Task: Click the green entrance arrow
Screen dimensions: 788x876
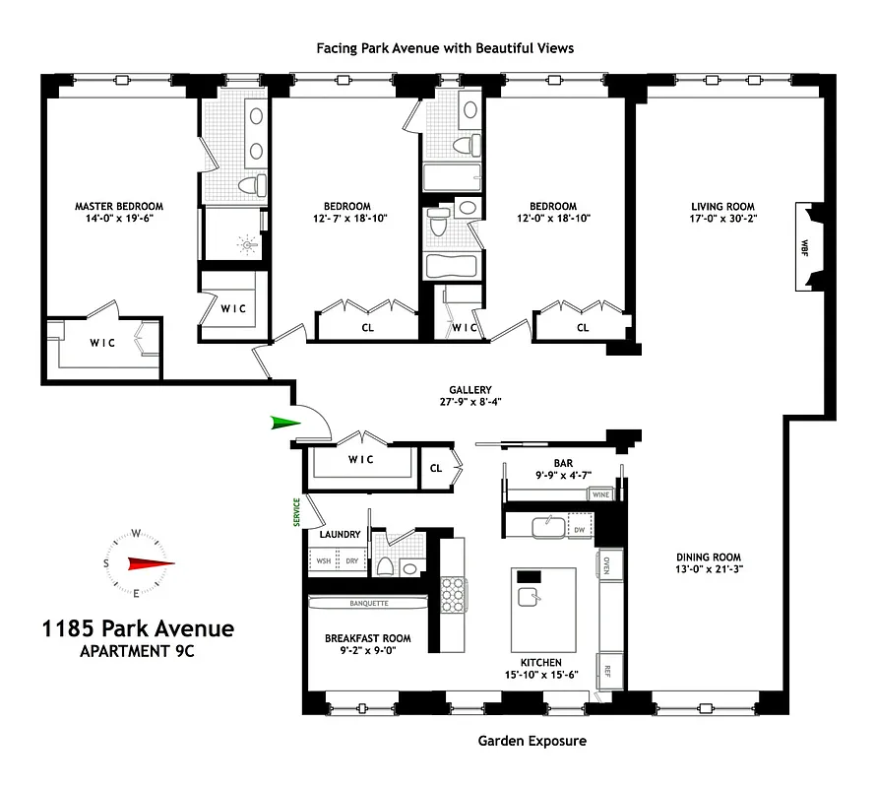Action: coord(286,423)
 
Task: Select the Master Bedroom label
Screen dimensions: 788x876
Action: coord(119,207)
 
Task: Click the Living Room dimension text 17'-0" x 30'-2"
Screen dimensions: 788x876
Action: coord(722,220)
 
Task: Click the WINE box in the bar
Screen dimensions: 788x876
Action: coord(601,495)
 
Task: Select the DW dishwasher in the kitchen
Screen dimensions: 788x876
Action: coord(580,530)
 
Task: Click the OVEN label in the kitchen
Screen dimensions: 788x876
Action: coord(607,564)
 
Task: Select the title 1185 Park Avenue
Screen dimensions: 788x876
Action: coord(137,628)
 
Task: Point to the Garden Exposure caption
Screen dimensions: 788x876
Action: coord(532,740)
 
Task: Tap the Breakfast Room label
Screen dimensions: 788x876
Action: coord(368,638)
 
